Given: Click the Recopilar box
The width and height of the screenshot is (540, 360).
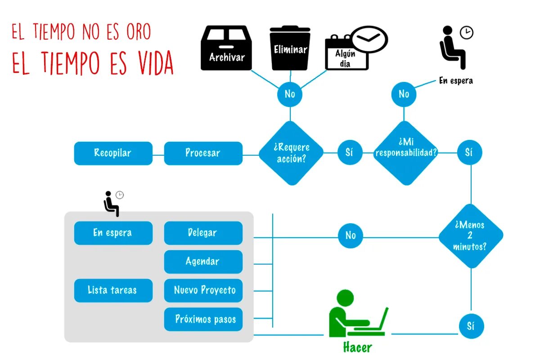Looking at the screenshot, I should pyautogui.click(x=113, y=153).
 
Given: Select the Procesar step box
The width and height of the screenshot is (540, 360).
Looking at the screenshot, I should pyautogui.click(x=203, y=153).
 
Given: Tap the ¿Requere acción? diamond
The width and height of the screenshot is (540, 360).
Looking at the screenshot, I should pyautogui.click(x=291, y=153).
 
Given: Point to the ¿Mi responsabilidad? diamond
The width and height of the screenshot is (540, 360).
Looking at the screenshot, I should pyautogui.click(x=406, y=153).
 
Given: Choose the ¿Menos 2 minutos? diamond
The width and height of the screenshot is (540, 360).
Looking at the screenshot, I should pyautogui.click(x=471, y=235).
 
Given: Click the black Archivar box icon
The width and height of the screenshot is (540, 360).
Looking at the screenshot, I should pyautogui.click(x=226, y=48).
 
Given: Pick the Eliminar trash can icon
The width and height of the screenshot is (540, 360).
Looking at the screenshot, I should pyautogui.click(x=290, y=48).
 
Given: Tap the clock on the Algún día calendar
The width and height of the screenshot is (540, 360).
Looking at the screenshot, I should pyautogui.click(x=369, y=39).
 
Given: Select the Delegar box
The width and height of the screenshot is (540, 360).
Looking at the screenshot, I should pyautogui.click(x=203, y=233).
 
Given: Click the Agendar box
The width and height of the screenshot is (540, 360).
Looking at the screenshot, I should pyautogui.click(x=203, y=261).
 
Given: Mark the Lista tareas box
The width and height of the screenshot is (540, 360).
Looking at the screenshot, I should pyautogui.click(x=113, y=290).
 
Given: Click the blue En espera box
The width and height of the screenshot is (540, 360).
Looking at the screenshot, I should pyautogui.click(x=113, y=233).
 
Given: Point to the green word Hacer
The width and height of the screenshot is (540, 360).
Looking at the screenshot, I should pyautogui.click(x=358, y=347).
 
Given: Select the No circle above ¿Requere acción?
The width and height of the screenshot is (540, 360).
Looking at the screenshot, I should pyautogui.click(x=290, y=94).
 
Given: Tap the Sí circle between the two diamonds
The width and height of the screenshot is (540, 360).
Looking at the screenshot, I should pyautogui.click(x=350, y=153).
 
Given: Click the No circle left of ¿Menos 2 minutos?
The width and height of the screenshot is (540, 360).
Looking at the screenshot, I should pyautogui.click(x=350, y=235).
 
